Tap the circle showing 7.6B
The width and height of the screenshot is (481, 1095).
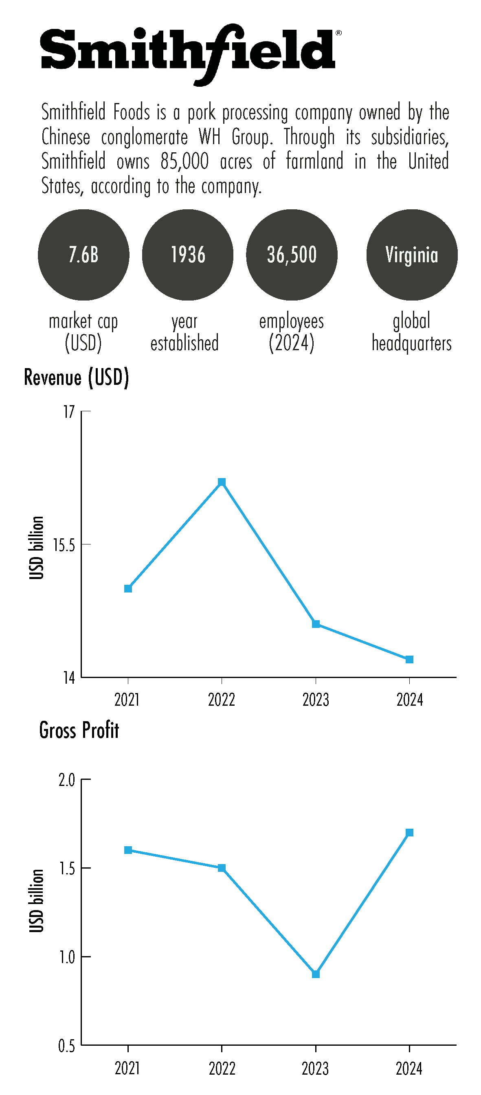(83, 255)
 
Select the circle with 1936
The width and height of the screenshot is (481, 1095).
(187, 255)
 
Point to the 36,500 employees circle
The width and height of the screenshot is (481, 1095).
(292, 255)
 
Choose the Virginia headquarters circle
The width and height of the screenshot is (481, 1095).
(412, 255)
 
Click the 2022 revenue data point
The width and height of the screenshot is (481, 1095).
(222, 482)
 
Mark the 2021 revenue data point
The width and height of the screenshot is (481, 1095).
(128, 588)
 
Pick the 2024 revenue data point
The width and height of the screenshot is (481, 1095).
(409, 659)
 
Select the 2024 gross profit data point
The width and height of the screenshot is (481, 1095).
(409, 832)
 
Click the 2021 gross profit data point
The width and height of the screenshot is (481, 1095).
(128, 850)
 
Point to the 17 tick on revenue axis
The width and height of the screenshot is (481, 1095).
(69, 411)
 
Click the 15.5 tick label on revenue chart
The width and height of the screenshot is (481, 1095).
(64, 544)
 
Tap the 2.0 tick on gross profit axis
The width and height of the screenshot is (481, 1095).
(67, 779)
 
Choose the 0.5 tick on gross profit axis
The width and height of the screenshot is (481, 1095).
(67, 1046)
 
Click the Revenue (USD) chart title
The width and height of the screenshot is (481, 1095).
(77, 377)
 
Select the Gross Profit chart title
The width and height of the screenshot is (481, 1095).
(79, 730)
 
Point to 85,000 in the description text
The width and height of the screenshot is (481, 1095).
(184, 162)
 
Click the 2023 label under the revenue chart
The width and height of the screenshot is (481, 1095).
(316, 700)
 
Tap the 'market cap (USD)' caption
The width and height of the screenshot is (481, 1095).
(83, 332)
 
